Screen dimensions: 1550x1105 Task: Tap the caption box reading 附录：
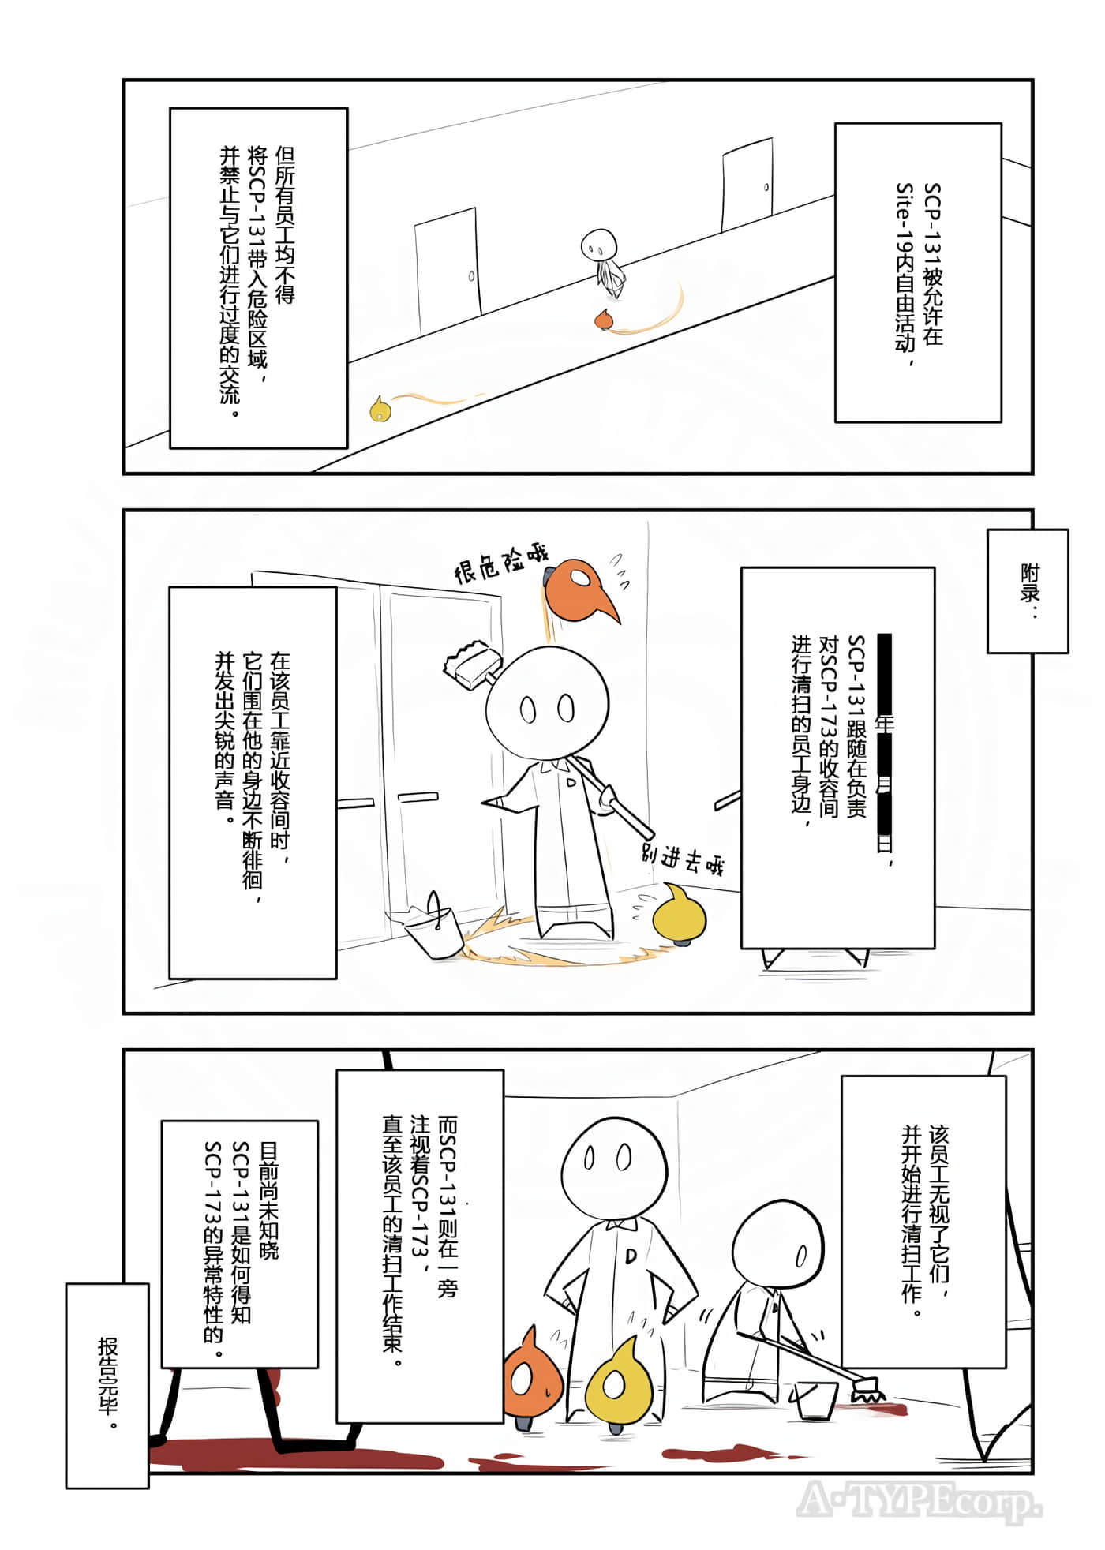point(1028,591)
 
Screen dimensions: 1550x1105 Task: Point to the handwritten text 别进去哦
point(682,859)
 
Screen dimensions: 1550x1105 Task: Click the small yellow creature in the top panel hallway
point(380,409)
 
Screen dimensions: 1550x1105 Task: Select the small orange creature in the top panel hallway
point(605,319)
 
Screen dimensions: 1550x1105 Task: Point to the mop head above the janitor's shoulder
point(471,661)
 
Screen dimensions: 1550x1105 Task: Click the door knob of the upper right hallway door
point(766,187)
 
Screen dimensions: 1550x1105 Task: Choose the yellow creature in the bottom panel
point(618,1383)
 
